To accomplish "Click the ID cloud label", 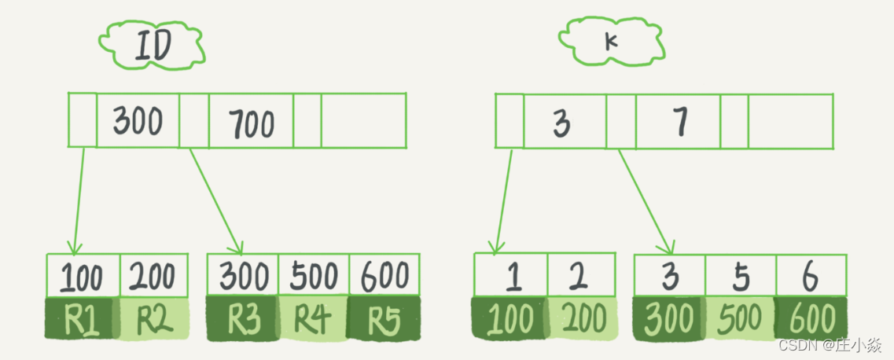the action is coord(153,47).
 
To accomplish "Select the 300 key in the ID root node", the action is coord(138,121).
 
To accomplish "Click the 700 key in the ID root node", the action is coord(251,123).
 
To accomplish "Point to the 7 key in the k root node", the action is coord(680,122).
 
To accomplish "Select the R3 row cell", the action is coord(242,319).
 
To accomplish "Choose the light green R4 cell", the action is coord(312,319).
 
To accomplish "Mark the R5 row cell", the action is coord(383,319).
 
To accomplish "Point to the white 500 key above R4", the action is coord(312,276).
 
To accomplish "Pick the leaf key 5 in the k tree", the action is coord(740,277).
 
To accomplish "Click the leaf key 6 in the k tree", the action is coord(811,277).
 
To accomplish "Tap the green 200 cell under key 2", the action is coord(583,319).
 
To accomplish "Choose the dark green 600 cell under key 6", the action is coord(811,319).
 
